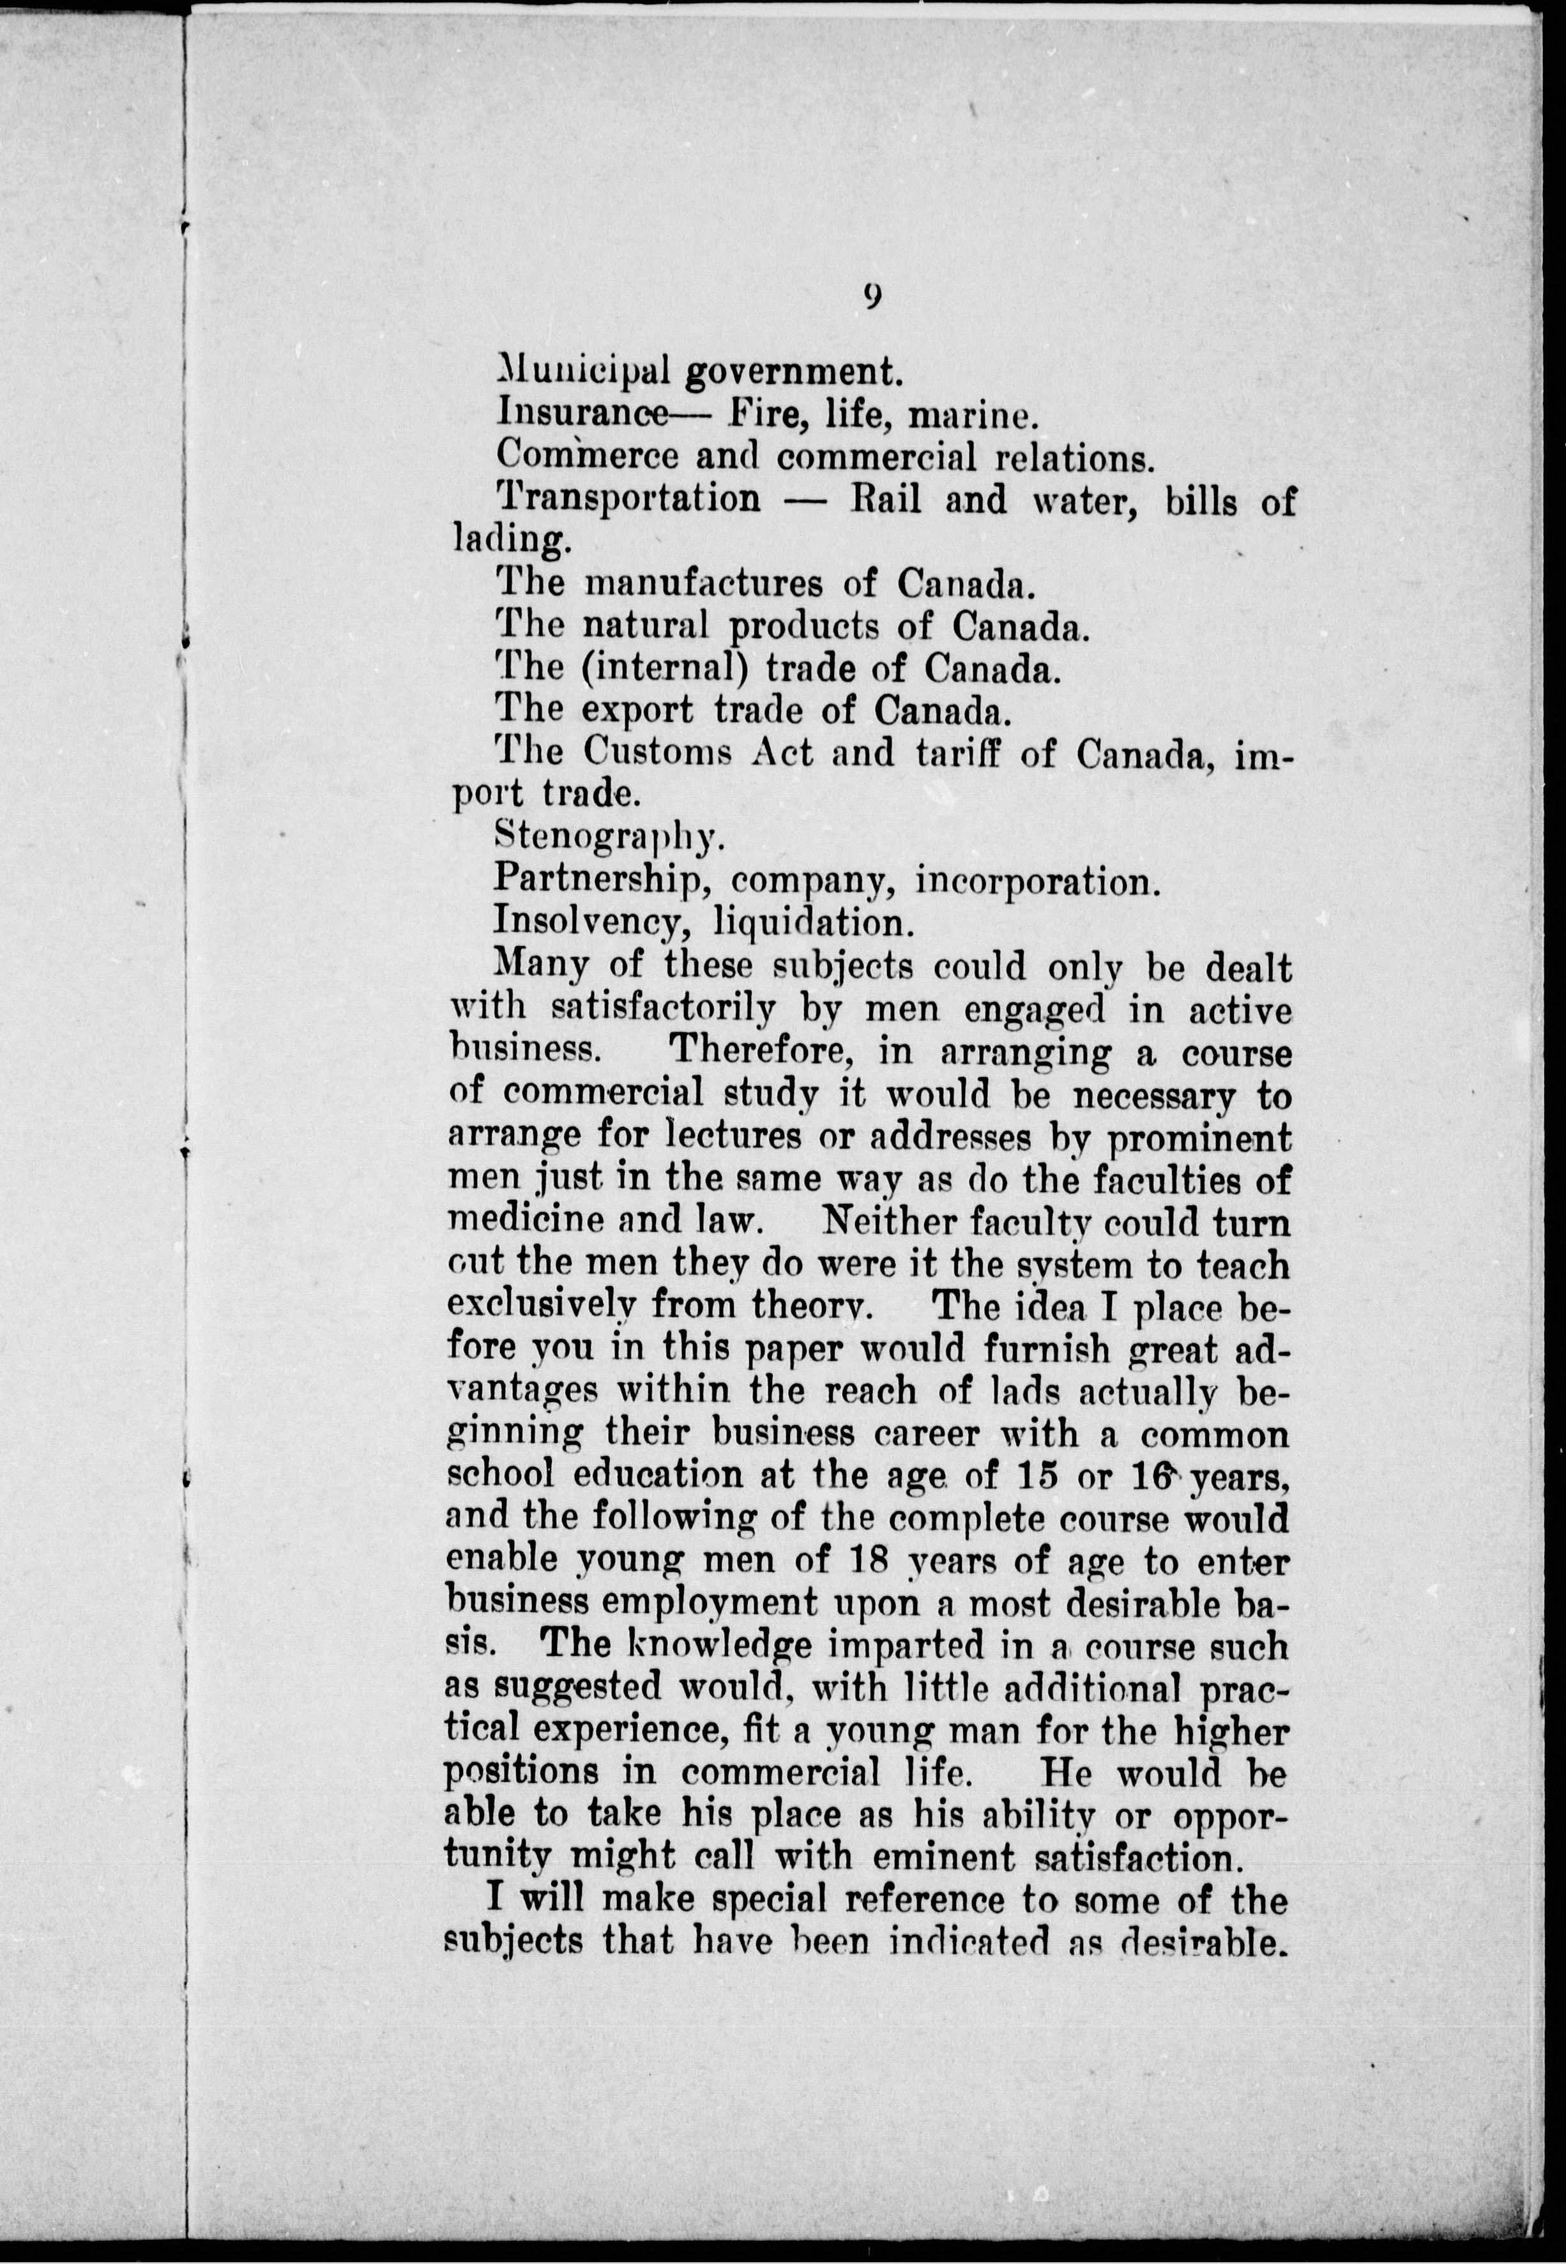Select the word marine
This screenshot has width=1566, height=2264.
click(971, 416)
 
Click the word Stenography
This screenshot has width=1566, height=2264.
click(609, 837)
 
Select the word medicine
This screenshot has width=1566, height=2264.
click(524, 1220)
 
